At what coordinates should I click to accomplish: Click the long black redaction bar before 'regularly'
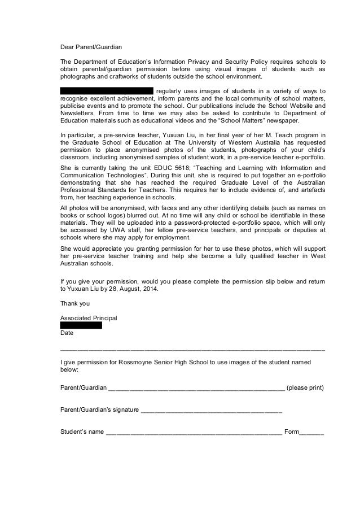pyautogui.click(x=107, y=90)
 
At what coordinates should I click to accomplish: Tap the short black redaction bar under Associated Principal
pyautogui.click(x=81, y=325)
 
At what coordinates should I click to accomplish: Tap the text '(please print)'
pyautogui.click(x=306, y=388)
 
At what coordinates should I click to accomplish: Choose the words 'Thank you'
pyautogui.click(x=74, y=303)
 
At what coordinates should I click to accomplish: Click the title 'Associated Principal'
pyautogui.click(x=89, y=318)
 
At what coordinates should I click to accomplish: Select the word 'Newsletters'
pyautogui.click(x=78, y=113)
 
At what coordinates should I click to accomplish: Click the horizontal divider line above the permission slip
pyautogui.click(x=192, y=350)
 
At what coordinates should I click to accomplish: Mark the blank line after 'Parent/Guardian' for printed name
pyautogui.click(x=196, y=388)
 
